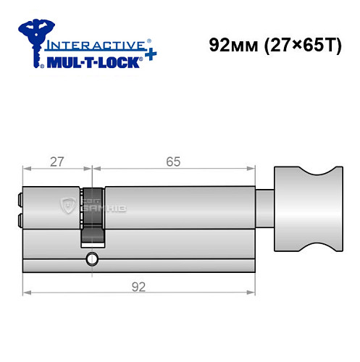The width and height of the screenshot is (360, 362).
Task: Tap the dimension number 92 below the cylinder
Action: pyautogui.click(x=137, y=286)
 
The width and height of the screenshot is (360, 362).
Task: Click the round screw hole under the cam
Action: pyautogui.click(x=92, y=259)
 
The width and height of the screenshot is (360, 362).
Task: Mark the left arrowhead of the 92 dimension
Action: pyautogui.click(x=27, y=293)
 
